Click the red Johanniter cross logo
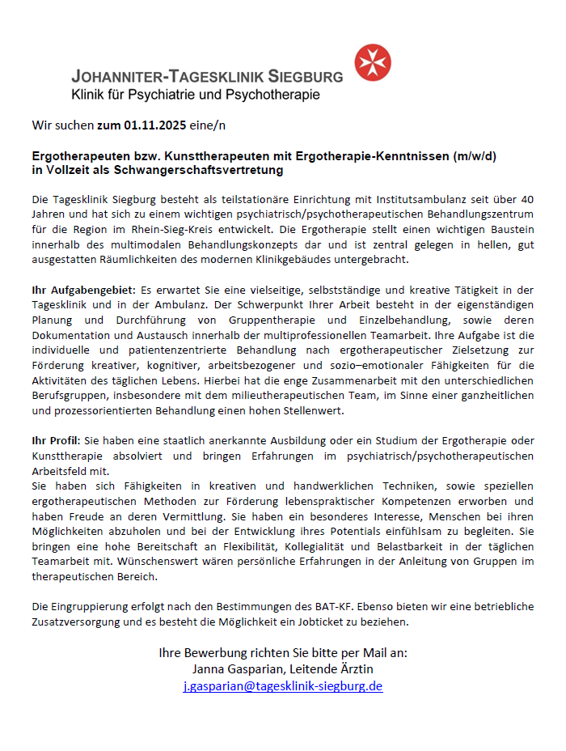[372, 63]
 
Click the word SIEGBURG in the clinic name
[298, 77]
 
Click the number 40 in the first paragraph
[526, 198]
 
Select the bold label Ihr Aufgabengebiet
[84, 289]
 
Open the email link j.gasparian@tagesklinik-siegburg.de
[283, 685]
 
